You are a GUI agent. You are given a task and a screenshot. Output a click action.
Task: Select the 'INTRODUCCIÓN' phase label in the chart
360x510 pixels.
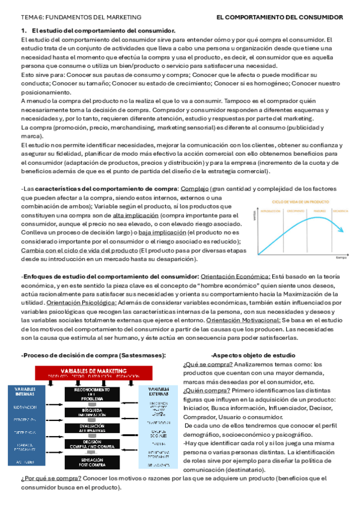271,211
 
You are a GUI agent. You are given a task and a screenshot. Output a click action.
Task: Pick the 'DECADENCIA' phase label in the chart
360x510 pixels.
341,211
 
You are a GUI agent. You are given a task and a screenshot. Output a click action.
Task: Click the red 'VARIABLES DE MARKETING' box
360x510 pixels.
91,371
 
